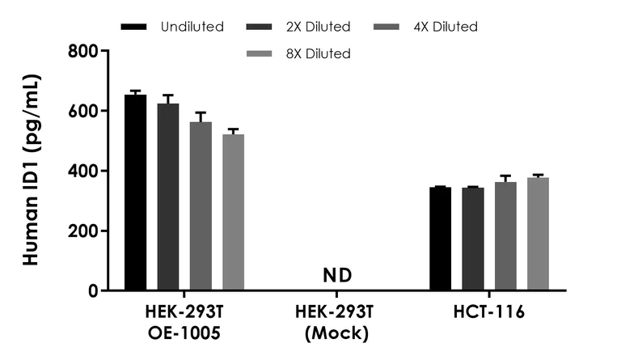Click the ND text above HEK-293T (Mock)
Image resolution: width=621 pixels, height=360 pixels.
tap(337, 276)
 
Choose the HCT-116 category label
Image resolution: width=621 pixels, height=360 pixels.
tap(489, 311)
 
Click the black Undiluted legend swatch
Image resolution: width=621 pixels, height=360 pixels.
tap(134, 27)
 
